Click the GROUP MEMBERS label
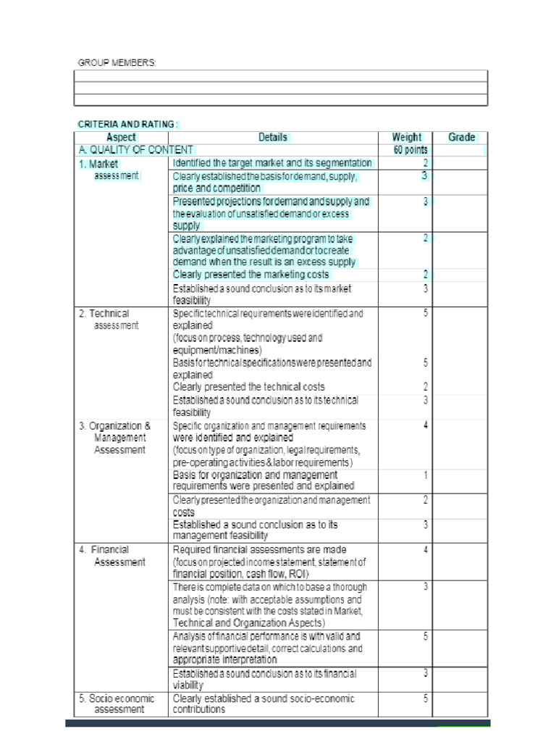point(117,63)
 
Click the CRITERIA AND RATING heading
point(127,125)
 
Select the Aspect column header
point(121,137)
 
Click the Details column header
point(273,137)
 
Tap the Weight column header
point(406,137)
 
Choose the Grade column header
point(461,137)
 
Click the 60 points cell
point(410,150)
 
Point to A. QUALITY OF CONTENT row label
point(136,150)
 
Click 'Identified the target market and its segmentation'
point(272,163)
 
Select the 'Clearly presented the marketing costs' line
point(250,275)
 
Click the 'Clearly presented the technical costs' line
point(248,387)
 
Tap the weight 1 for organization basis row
point(426,475)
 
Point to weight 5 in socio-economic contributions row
point(426,699)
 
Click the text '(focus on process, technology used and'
point(247,338)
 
